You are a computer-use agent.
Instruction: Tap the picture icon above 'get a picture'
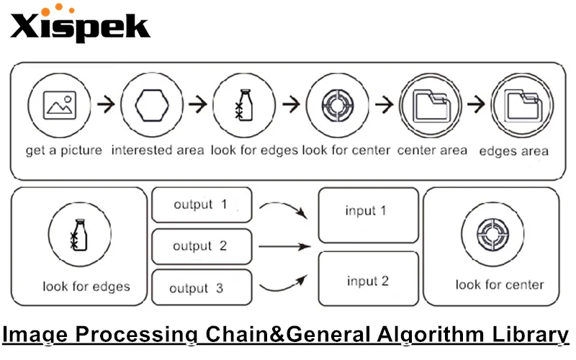(x=59, y=105)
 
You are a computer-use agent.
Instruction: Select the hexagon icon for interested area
(x=152, y=105)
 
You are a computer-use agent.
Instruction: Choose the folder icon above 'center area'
(x=431, y=105)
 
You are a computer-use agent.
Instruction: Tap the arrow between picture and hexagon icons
(x=105, y=105)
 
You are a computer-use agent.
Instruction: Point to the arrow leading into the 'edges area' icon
(x=476, y=105)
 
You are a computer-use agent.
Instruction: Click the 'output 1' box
(x=202, y=205)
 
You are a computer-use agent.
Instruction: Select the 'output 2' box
(x=202, y=246)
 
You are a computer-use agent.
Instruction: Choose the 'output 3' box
(x=202, y=288)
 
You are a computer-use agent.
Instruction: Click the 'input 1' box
(x=368, y=215)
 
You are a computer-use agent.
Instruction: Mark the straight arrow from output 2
(x=284, y=246)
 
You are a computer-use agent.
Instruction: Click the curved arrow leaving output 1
(x=285, y=209)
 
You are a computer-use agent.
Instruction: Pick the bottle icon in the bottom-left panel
(x=80, y=236)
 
